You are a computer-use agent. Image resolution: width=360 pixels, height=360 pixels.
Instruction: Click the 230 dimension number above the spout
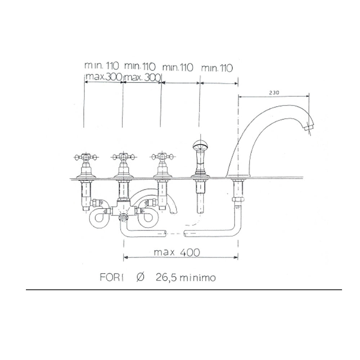click(x=274, y=93)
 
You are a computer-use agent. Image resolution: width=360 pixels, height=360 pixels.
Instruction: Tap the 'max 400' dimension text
click(x=177, y=252)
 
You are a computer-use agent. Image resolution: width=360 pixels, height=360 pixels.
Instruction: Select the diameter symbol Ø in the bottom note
click(x=140, y=277)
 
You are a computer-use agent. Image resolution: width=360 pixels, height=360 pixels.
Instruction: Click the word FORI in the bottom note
click(x=112, y=277)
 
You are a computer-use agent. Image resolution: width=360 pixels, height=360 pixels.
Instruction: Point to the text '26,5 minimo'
click(x=186, y=277)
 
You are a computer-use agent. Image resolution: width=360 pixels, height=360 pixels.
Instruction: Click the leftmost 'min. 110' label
click(x=102, y=66)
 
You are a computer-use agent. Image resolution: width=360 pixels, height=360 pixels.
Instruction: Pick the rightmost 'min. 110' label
click(x=217, y=68)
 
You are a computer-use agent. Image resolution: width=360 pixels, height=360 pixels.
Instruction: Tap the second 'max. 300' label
click(x=142, y=78)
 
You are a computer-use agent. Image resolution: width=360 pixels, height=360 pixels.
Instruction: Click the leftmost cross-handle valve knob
click(x=86, y=157)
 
